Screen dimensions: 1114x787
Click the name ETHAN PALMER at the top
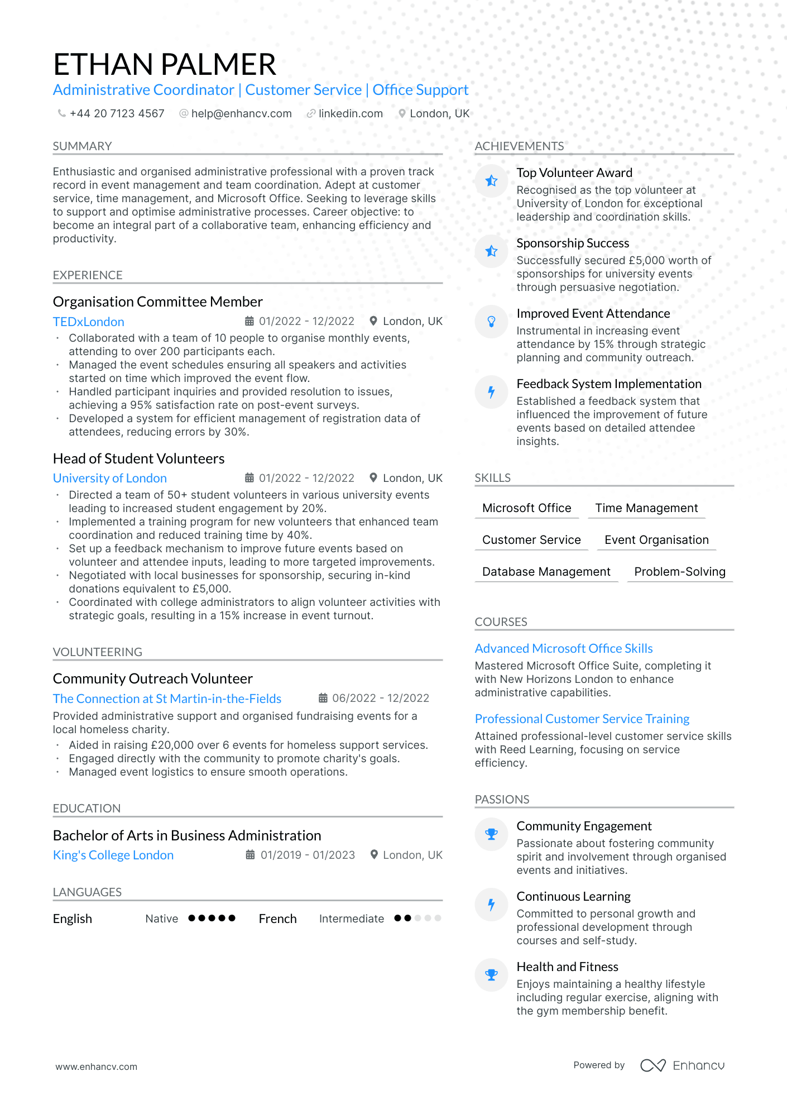pos(165,65)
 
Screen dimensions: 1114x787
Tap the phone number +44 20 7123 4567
pos(117,114)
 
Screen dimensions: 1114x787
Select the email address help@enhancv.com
pos(241,114)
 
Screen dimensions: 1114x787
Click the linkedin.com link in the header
pos(350,114)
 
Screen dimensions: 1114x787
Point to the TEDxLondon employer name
pos(89,322)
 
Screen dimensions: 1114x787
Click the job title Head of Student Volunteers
pos(138,459)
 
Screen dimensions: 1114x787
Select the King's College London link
pos(113,855)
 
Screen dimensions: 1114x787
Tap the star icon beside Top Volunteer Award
pos(491,181)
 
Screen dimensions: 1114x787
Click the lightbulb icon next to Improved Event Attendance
pos(491,322)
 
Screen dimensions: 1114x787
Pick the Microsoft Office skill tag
pos(526,508)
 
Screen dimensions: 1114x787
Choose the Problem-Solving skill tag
pos(679,572)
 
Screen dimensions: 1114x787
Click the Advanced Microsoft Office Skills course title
pos(564,649)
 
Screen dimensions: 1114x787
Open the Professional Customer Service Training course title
pos(582,719)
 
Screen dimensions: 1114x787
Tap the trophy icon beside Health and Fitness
pos(491,975)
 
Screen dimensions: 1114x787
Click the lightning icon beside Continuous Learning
pos(491,905)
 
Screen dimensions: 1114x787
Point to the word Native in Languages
pos(162,919)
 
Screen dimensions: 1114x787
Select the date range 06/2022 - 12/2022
pos(381,699)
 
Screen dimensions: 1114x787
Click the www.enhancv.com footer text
pos(97,1067)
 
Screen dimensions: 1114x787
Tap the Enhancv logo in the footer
pos(682,1065)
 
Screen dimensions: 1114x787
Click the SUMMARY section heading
pos(83,146)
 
